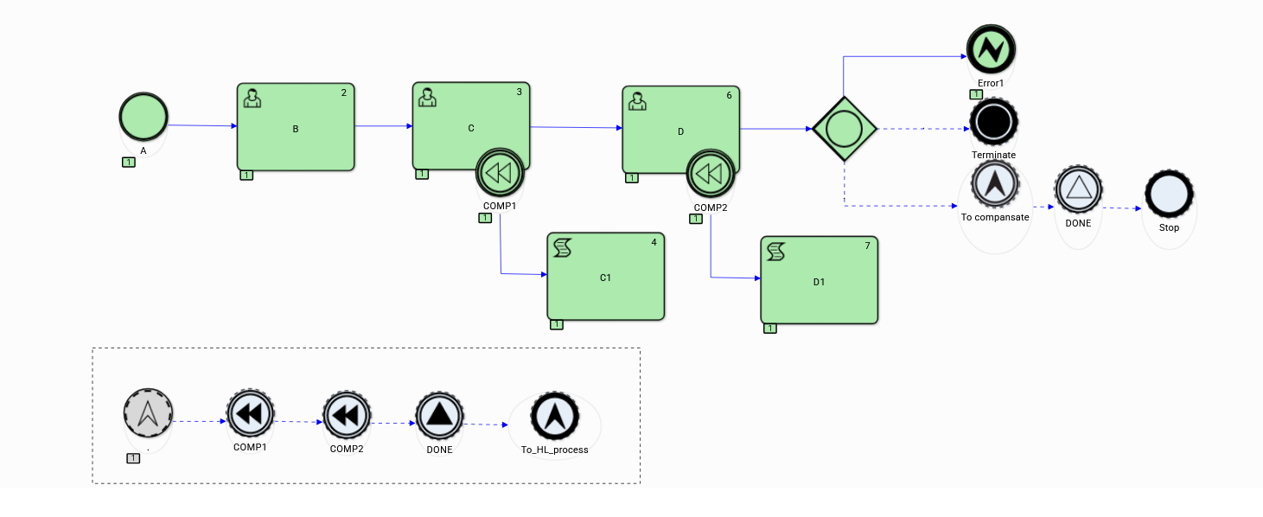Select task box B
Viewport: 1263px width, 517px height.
pyautogui.click(x=296, y=127)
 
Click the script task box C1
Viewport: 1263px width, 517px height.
pyautogui.click(x=605, y=276)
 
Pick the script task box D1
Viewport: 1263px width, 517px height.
pyautogui.click(x=819, y=280)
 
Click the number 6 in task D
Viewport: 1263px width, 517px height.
pyautogui.click(x=729, y=95)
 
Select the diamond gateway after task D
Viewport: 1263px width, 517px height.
pyautogui.click(x=844, y=129)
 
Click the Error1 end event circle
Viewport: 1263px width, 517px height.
pyautogui.click(x=991, y=48)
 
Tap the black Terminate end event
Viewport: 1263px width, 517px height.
pyautogui.click(x=993, y=123)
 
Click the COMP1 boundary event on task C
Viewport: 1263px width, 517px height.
pyautogui.click(x=500, y=174)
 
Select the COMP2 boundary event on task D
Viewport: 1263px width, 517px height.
pyautogui.click(x=710, y=175)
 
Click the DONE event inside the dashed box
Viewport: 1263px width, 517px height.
pyautogui.click(x=439, y=417)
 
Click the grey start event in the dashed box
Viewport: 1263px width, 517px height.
pyautogui.click(x=148, y=412)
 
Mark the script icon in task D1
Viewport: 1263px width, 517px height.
pyautogui.click(x=775, y=252)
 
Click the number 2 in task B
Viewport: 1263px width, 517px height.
pyautogui.click(x=344, y=92)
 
